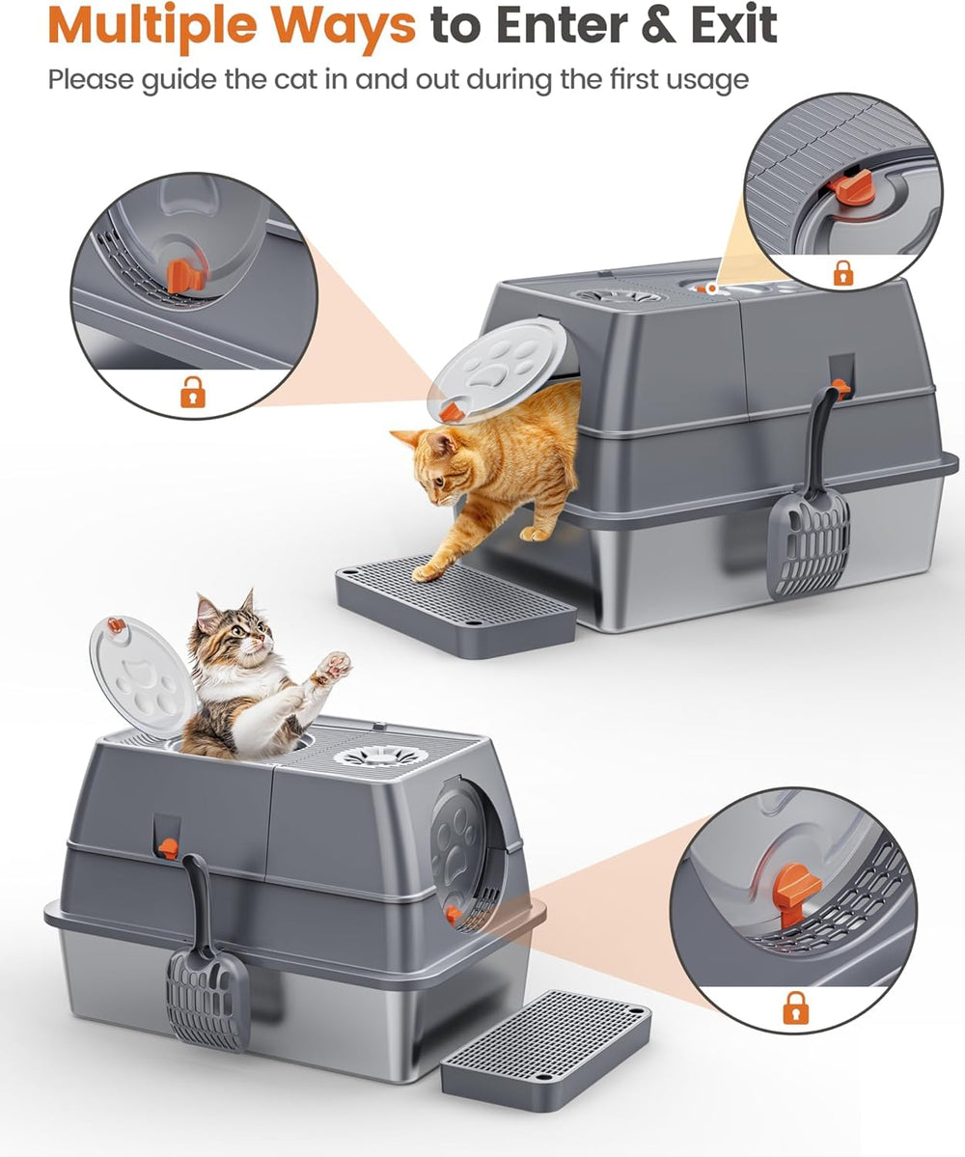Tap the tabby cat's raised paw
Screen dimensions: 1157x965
point(332,665)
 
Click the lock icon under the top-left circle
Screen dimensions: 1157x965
point(193,391)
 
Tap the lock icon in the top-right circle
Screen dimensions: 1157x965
point(842,273)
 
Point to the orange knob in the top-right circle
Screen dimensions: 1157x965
point(851,187)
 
